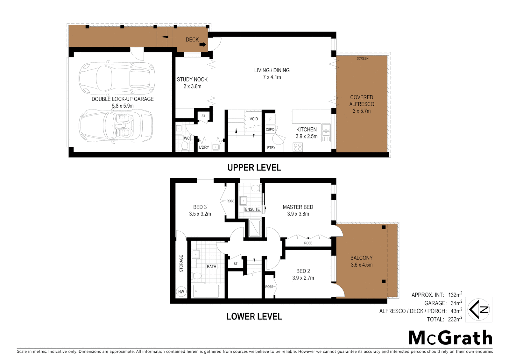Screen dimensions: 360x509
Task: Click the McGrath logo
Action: point(450,338)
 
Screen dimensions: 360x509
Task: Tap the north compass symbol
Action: point(479,310)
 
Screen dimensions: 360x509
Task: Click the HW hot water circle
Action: point(181,292)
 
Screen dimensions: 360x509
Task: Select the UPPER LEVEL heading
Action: point(254,168)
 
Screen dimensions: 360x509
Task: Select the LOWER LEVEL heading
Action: point(254,316)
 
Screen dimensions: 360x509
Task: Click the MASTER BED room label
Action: point(298,207)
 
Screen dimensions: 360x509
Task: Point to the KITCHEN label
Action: point(306,129)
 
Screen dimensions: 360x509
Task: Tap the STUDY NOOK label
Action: point(192,79)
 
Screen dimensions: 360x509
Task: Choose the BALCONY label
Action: point(361,258)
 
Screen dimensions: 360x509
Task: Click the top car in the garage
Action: point(117,78)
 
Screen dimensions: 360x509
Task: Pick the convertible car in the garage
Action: point(116,126)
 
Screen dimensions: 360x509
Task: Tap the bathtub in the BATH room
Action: point(206,291)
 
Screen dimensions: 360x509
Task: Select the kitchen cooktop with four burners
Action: point(298,147)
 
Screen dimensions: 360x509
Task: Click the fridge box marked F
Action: point(270,119)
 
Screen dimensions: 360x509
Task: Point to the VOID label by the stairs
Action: point(254,119)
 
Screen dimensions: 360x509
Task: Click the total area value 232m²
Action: point(455,319)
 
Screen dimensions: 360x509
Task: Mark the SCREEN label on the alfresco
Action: point(363,58)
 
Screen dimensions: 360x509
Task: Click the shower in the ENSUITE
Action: point(255,228)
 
